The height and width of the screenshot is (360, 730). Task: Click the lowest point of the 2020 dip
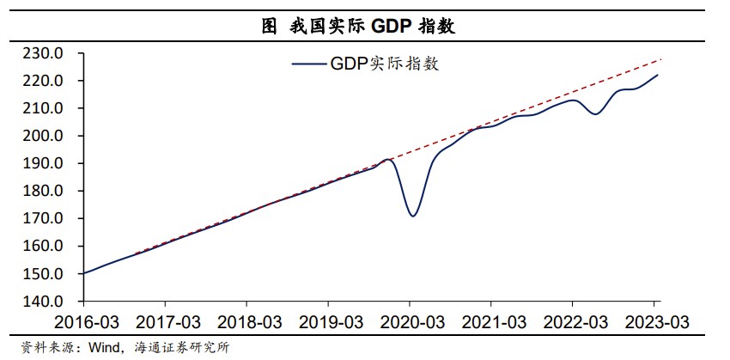point(413,216)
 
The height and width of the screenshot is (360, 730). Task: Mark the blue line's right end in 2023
point(659,75)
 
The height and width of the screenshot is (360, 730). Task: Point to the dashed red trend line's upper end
point(662,58)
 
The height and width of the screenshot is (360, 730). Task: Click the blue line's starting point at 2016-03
point(83,273)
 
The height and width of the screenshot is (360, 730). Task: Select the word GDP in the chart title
point(391,27)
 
